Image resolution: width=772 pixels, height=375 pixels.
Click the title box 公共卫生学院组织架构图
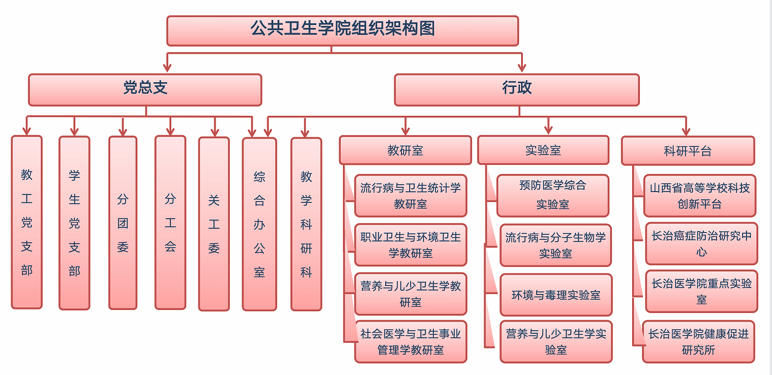[343, 31]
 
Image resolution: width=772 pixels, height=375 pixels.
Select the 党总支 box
[145, 90]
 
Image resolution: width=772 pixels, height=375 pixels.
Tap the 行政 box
[517, 90]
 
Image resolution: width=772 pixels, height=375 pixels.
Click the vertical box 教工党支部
[27, 222]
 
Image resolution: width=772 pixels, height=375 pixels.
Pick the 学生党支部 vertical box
[74, 223]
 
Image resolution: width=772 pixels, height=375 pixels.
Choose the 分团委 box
[123, 223]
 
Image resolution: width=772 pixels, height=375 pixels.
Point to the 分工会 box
[170, 223]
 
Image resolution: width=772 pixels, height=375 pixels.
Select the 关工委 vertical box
[214, 224]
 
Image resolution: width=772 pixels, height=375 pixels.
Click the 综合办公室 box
[259, 224]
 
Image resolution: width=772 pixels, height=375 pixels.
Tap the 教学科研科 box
[306, 224]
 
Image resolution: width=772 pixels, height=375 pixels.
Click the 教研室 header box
[405, 150]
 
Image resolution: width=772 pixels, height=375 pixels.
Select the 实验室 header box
[543, 150]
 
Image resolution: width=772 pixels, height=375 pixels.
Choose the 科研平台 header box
[688, 151]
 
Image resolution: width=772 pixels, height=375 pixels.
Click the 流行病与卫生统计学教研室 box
[411, 196]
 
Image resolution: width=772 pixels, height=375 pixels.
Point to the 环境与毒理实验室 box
[556, 295]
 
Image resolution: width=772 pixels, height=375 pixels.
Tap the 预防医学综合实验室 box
[553, 195]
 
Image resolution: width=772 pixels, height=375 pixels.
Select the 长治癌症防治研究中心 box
[701, 244]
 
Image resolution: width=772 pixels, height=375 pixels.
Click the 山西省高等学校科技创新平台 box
[700, 195]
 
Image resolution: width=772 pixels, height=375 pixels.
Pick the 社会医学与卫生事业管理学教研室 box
[411, 342]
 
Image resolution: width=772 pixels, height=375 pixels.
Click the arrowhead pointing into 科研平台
[686, 131]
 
